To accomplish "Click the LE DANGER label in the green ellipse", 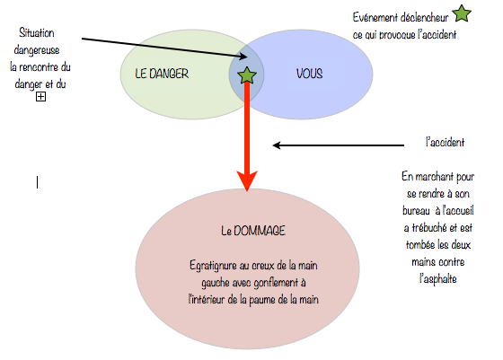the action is click(x=162, y=74).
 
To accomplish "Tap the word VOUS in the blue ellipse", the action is click(x=309, y=74).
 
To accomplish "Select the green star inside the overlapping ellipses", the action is click(x=247, y=75).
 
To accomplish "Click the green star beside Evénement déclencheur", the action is click(x=462, y=13).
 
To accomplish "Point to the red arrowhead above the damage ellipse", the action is click(x=247, y=180).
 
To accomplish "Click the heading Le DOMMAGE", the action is click(x=253, y=231).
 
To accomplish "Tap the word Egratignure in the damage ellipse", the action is click(x=208, y=266).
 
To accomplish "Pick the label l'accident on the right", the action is click(x=445, y=142).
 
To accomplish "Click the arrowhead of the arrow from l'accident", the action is click(x=277, y=145).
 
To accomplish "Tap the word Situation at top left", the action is click(x=37, y=32).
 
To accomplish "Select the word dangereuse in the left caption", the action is click(x=37, y=50).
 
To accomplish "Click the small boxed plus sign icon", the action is click(x=40, y=96).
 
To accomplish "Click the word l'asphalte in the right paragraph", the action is click(x=438, y=279).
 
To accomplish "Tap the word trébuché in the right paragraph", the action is click(x=429, y=228).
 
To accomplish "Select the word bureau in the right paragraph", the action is click(x=416, y=211).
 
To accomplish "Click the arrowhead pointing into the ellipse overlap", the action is click(x=243, y=57).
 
